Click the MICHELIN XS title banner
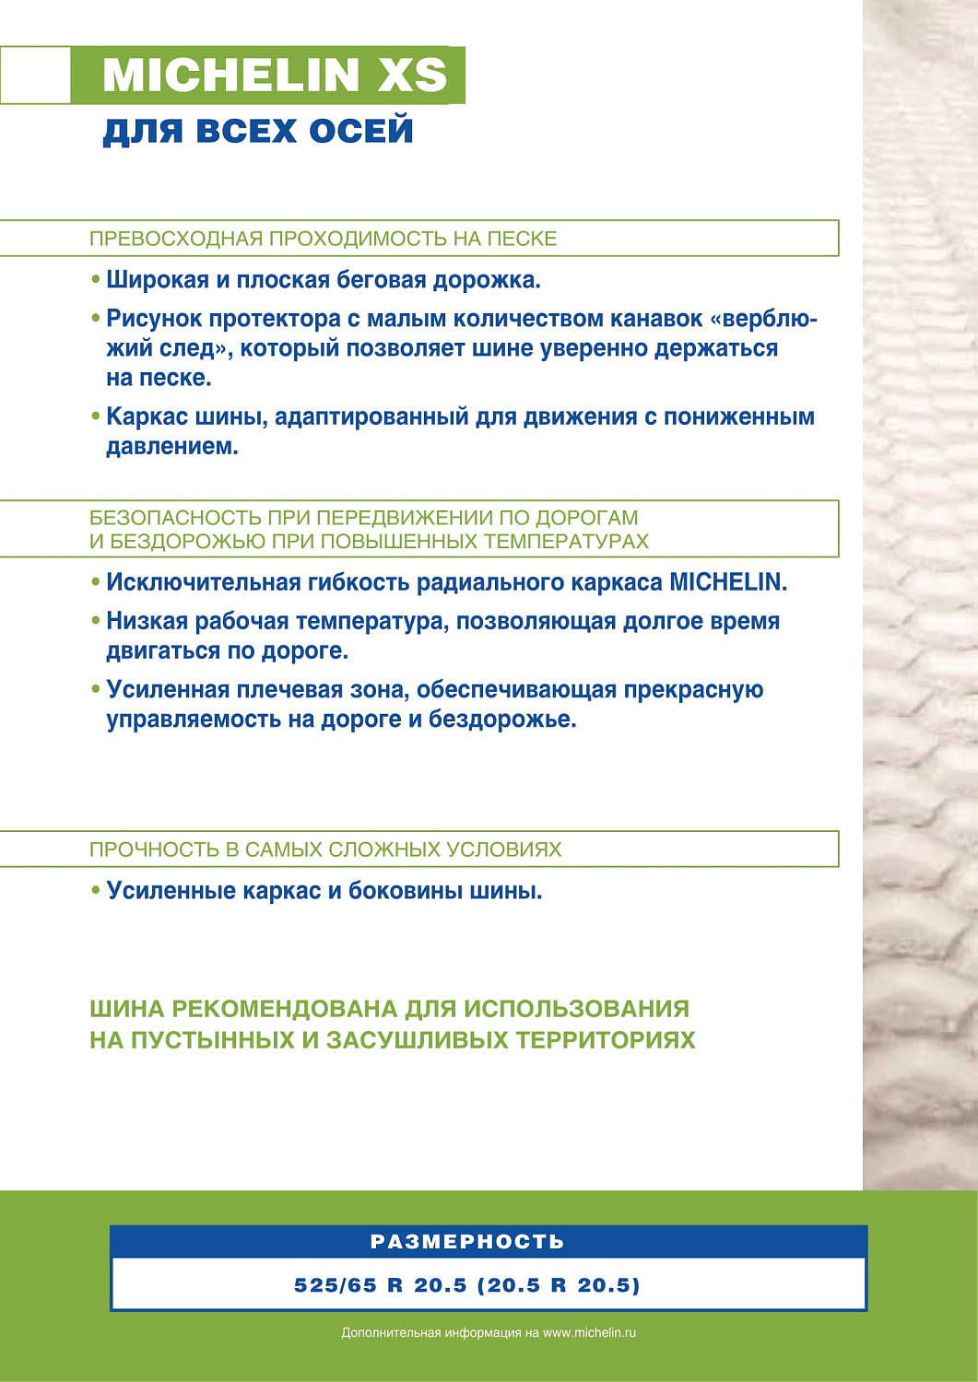pos(274,75)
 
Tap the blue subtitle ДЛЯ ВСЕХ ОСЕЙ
pos(258,131)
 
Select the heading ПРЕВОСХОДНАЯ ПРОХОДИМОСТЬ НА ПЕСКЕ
pos(324,239)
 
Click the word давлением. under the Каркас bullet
pos(172,447)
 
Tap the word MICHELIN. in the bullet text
pos(728,582)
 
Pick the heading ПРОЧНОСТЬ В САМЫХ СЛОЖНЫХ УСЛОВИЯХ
pos(325,849)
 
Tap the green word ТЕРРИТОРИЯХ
pos(606,1040)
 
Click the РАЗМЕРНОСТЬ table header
pos(467,1242)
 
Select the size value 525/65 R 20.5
pos(381,1285)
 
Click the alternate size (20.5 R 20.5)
pos(559,1285)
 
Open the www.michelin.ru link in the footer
pos(590,1333)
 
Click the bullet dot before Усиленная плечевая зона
pos(96,689)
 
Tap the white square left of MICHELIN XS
pos(35,75)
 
